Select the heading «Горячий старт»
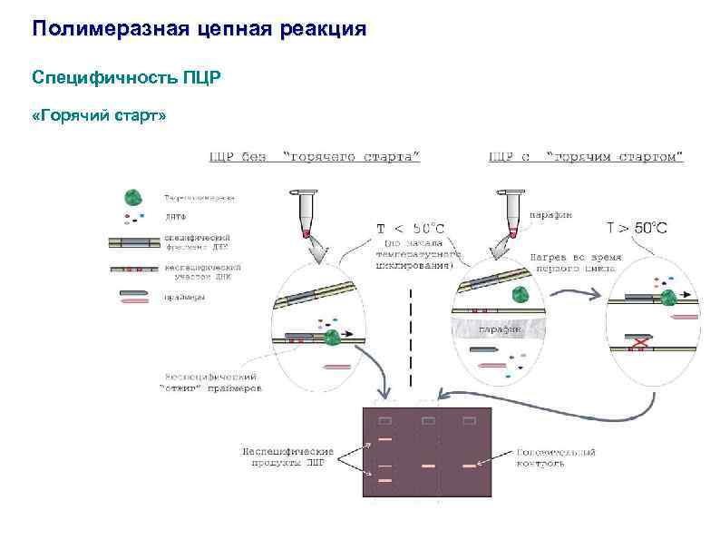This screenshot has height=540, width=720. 99,118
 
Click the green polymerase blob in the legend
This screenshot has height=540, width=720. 133,197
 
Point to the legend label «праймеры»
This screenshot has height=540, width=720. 182,297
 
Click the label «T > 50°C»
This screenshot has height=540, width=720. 637,228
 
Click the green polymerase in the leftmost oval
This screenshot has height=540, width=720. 332,337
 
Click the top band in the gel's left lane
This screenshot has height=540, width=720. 385,439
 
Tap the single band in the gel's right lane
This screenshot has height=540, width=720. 469,466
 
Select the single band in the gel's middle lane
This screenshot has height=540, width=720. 427,466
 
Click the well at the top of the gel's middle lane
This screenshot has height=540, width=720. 427,421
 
